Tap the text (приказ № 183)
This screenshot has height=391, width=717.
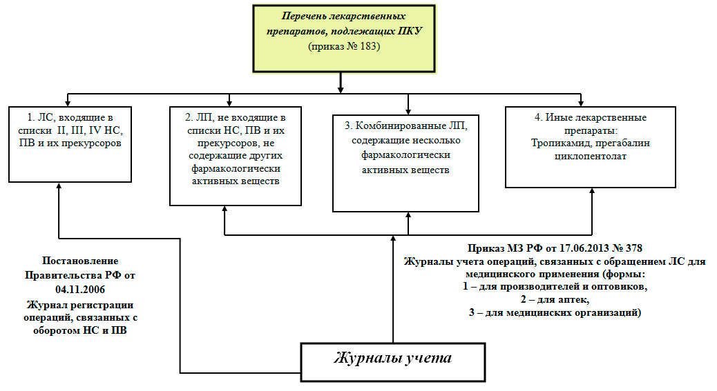pos(343,47)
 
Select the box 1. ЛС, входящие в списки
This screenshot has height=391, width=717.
pos(70,143)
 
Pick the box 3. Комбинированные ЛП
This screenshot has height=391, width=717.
pos(406,162)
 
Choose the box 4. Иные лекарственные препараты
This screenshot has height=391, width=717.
pos(591,147)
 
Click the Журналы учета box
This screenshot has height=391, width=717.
pos(393,359)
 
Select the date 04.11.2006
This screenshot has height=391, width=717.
pos(81,289)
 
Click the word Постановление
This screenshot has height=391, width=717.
pos(81,261)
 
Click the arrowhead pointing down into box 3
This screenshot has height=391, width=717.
pos(408,110)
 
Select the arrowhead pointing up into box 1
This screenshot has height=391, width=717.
pos(59,187)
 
